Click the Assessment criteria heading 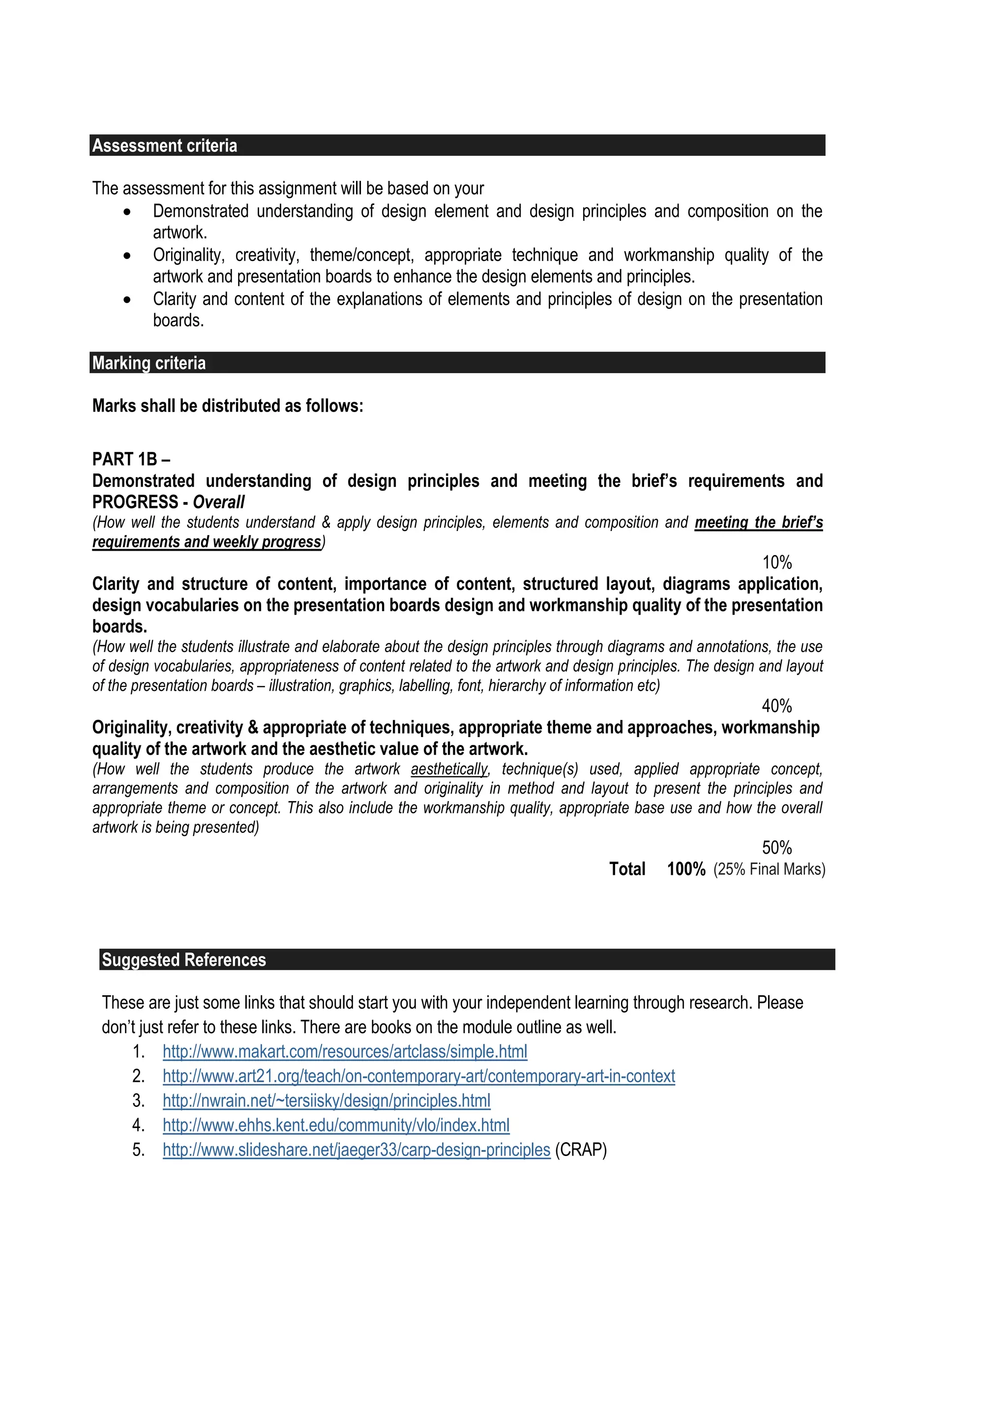click(x=164, y=146)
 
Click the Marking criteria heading click(x=149, y=363)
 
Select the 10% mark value click(x=776, y=563)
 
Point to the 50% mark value click(x=776, y=847)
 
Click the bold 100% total click(x=686, y=869)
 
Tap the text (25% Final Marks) click(x=769, y=869)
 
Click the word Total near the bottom click(x=627, y=869)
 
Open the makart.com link click(x=345, y=1051)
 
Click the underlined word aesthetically click(x=449, y=769)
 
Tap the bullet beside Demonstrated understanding click(x=127, y=212)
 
